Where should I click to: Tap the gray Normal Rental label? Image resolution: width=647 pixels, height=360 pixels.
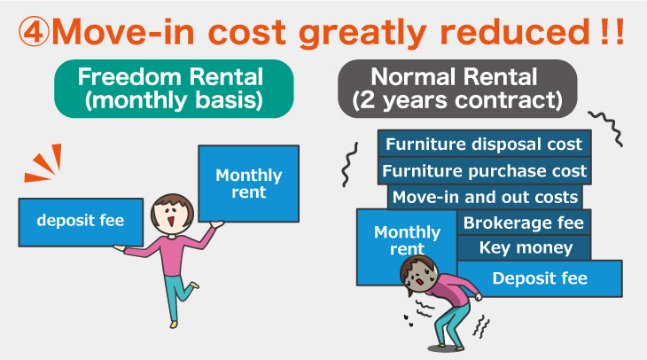pos(457,89)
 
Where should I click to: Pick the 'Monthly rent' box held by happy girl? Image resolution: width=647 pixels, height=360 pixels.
pos(248,184)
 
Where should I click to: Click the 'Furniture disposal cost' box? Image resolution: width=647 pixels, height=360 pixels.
pos(484,144)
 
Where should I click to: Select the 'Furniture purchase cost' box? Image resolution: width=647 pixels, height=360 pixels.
pos(484,170)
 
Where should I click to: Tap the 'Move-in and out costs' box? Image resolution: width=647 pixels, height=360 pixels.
pos(485,197)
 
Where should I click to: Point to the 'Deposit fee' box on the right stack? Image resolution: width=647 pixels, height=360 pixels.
pos(540,278)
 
